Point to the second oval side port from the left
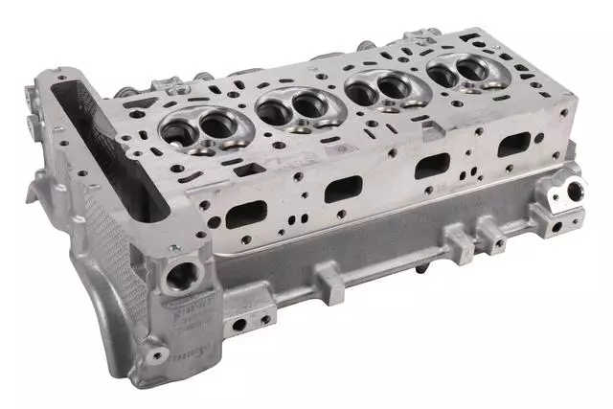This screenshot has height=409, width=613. pyautogui.click(x=343, y=189)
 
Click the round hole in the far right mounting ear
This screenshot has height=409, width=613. pyautogui.click(x=574, y=191)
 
